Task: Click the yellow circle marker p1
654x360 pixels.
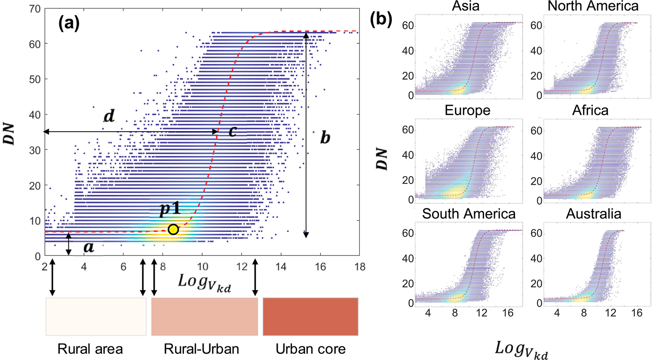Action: tap(173, 229)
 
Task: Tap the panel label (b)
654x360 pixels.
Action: tap(381, 19)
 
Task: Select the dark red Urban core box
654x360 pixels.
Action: tap(310, 317)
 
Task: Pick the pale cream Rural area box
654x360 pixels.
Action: tap(96, 317)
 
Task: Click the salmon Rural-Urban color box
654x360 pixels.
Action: tap(204, 317)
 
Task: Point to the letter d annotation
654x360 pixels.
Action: tap(109, 116)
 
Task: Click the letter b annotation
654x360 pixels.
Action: tap(325, 138)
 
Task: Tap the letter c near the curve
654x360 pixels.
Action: tap(233, 131)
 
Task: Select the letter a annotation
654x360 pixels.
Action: tap(89, 247)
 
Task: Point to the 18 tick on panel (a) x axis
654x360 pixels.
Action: tap(360, 266)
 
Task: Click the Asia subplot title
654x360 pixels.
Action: tap(466, 6)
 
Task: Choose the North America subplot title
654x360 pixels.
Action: tap(593, 6)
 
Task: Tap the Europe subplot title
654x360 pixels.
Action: tap(467, 110)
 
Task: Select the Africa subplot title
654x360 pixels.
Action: tap(590, 110)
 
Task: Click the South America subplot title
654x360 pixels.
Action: tap(469, 214)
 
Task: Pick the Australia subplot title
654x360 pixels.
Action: tap(593, 214)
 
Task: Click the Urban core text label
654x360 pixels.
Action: tap(310, 349)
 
